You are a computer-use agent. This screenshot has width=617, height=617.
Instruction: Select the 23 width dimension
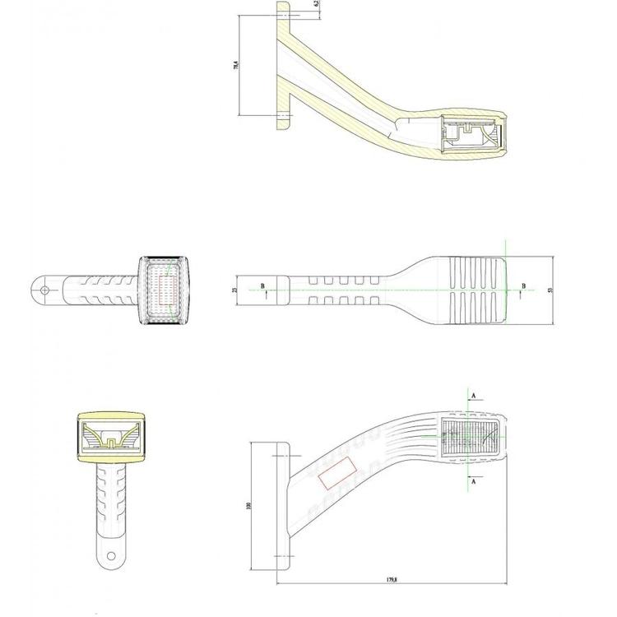tap(234, 290)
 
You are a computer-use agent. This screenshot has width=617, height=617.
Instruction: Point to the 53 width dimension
tap(549, 290)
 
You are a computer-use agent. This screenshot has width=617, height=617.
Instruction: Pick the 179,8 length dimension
tap(392, 579)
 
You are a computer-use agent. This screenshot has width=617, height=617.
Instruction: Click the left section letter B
tap(262, 285)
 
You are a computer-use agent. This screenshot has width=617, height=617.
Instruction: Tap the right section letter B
tap(523, 285)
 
